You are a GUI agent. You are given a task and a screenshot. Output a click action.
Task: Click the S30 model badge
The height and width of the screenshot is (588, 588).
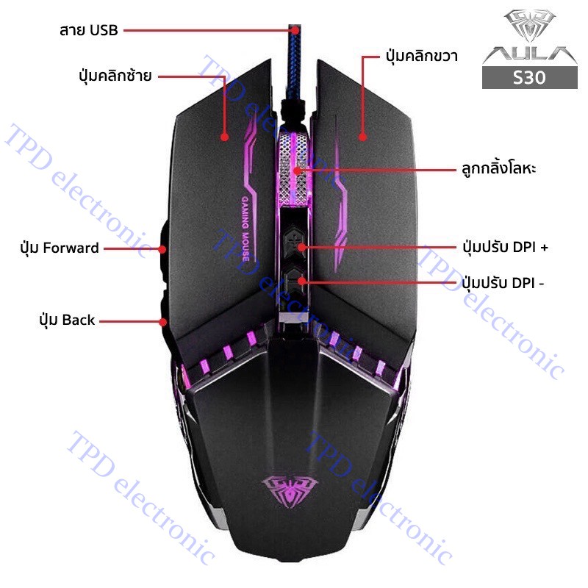pyautogui.click(x=529, y=78)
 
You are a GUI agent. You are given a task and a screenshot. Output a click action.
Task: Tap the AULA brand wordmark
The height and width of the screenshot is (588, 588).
pyautogui.click(x=529, y=54)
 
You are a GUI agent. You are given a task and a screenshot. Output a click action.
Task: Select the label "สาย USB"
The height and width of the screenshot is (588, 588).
pyautogui.click(x=89, y=30)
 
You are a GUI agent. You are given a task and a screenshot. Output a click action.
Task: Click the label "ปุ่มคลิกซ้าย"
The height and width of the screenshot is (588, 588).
pyautogui.click(x=115, y=76)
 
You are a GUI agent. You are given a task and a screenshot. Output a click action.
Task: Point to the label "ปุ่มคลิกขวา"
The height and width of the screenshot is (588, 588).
pyautogui.click(x=421, y=57)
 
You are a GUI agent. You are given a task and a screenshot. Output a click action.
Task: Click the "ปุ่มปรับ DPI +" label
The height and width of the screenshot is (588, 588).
pyautogui.click(x=505, y=247)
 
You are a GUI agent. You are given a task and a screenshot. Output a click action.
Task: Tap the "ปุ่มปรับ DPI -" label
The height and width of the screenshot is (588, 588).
pyautogui.click(x=503, y=283)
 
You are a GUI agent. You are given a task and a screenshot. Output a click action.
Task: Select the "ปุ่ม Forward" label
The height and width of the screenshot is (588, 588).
pyautogui.click(x=60, y=248)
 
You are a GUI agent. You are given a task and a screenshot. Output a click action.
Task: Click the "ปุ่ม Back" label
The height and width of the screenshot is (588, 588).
pyautogui.click(x=67, y=320)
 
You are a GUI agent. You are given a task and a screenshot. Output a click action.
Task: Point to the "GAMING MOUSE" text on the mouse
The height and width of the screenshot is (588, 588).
pyautogui.click(x=245, y=229)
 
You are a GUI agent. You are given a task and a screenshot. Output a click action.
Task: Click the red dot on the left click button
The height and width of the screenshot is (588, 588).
pyautogui.click(x=224, y=137)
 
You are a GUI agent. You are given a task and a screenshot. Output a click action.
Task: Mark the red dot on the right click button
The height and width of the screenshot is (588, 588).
pyautogui.click(x=362, y=137)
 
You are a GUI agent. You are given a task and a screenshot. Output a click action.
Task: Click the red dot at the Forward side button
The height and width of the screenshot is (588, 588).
pyautogui.click(x=162, y=248)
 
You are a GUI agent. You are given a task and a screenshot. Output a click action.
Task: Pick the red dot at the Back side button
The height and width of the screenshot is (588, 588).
pyautogui.click(x=162, y=322)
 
